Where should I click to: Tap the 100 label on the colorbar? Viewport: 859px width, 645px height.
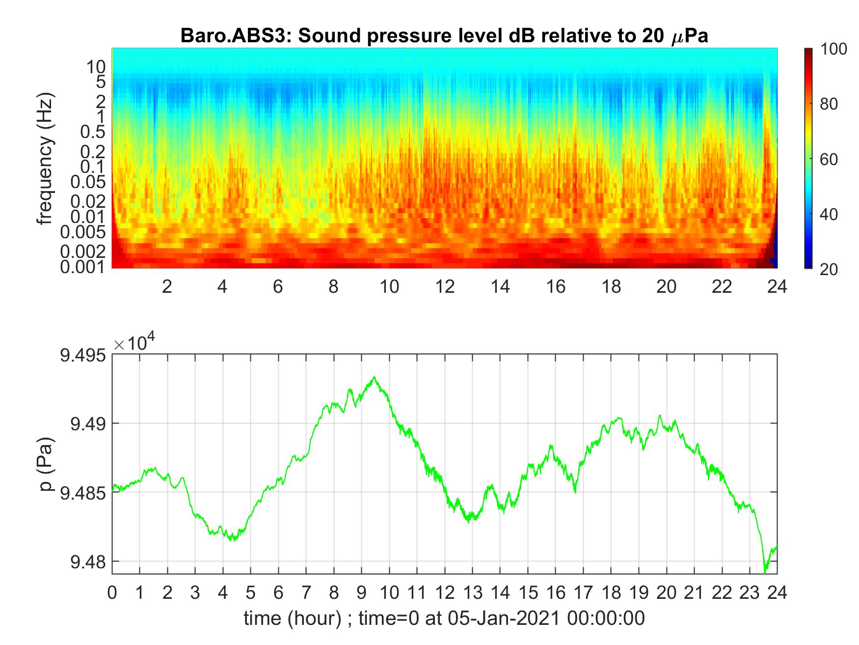[833, 49]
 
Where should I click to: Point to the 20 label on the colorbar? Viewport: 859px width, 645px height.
[829, 269]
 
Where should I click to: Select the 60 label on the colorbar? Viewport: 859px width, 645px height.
[829, 159]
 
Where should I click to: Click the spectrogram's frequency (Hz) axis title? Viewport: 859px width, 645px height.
[45, 158]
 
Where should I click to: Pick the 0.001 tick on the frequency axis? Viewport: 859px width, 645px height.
[82, 267]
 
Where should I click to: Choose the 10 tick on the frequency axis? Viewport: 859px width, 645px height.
[96, 66]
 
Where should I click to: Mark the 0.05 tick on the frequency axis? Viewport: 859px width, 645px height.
[88, 182]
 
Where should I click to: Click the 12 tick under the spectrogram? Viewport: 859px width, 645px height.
[445, 286]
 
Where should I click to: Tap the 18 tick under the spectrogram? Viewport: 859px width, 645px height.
[611, 286]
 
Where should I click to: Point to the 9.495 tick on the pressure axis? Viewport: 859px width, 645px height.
[82, 355]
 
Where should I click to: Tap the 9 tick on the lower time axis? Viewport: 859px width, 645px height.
[362, 593]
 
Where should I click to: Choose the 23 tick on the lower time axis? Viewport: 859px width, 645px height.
[750, 593]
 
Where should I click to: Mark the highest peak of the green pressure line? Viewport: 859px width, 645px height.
[375, 377]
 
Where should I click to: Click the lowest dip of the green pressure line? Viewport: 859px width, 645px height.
[764, 573]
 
